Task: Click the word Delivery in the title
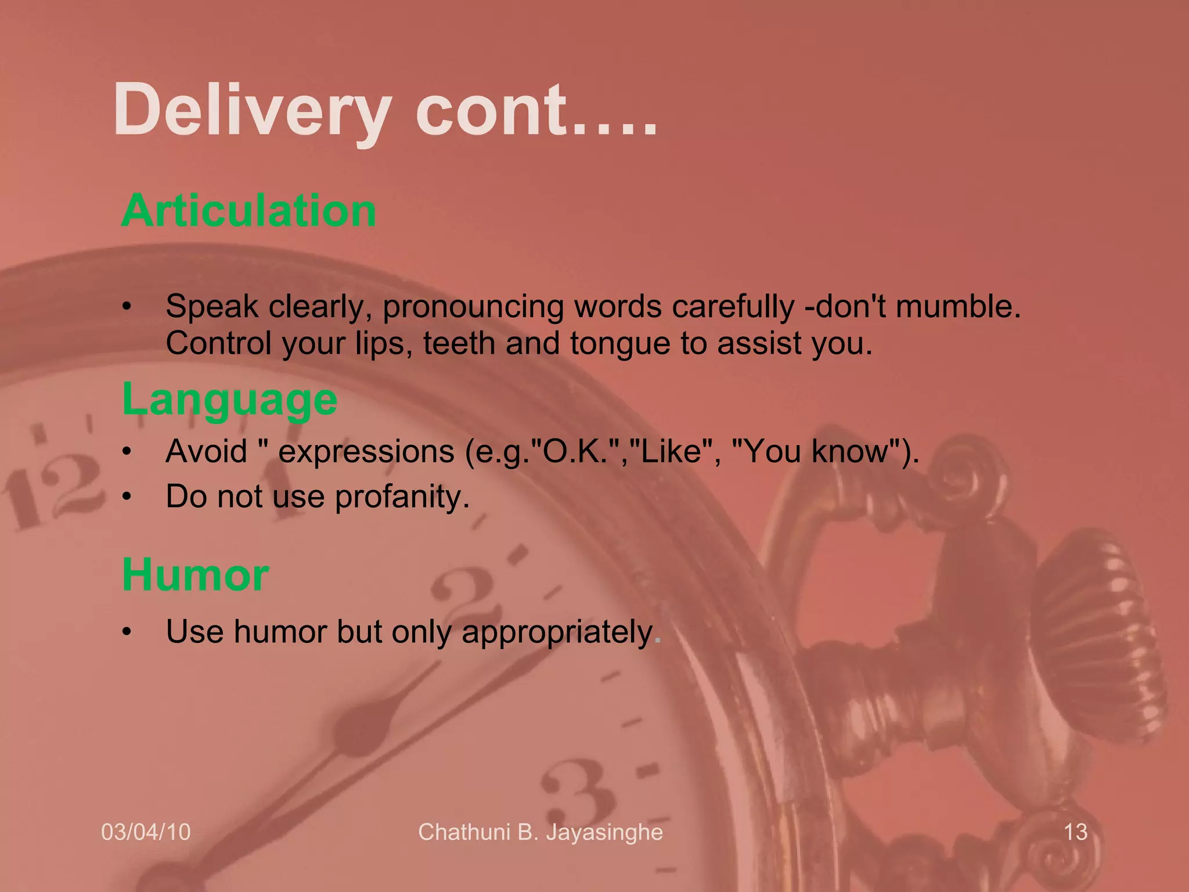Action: point(253,110)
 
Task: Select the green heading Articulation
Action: point(249,210)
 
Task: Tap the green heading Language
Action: point(230,400)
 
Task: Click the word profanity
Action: point(402,497)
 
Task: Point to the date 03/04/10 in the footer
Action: point(146,832)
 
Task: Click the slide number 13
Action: point(1075,832)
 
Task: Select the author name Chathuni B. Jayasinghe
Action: point(541,832)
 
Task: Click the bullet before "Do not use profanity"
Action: point(127,497)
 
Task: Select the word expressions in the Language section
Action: point(366,451)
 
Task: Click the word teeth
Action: point(459,344)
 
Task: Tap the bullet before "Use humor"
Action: point(127,632)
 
